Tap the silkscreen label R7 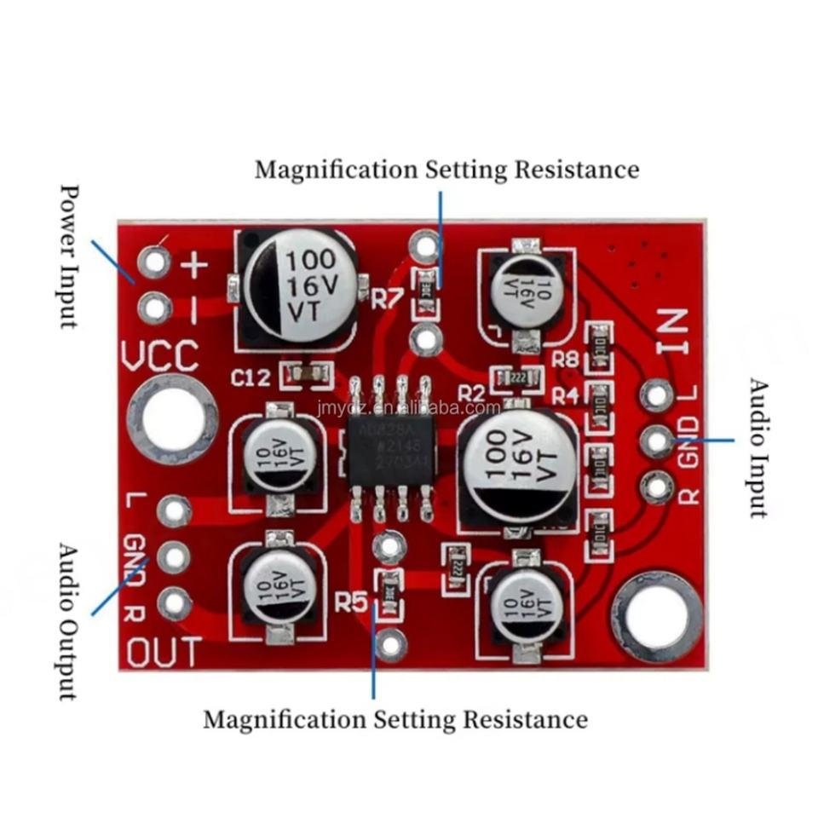(x=387, y=297)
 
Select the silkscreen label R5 (x=351, y=603)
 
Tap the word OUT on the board (x=164, y=653)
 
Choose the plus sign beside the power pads (x=195, y=266)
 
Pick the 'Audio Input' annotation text (x=757, y=447)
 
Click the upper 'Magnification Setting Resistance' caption (x=446, y=169)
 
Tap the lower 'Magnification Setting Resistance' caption (x=395, y=719)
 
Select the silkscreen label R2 (x=471, y=393)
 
